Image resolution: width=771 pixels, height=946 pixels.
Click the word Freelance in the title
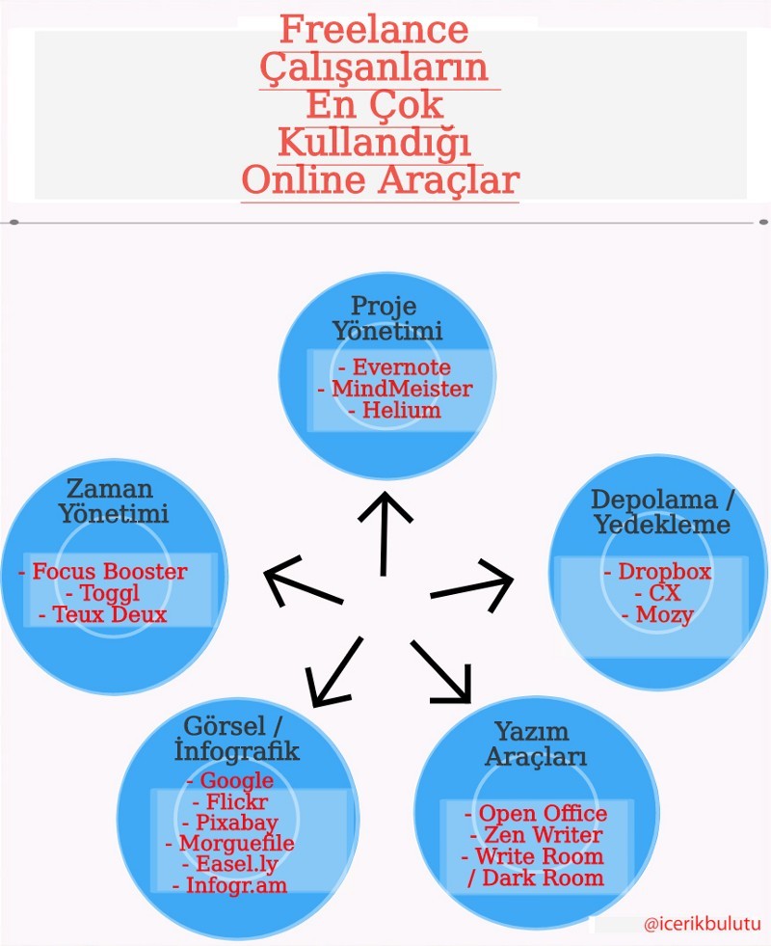point(374,29)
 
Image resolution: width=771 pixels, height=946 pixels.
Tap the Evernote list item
point(394,366)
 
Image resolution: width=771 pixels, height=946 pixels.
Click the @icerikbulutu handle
point(703,924)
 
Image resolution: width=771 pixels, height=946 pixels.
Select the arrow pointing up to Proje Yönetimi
point(384,534)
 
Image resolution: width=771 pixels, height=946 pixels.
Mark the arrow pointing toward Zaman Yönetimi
point(304,581)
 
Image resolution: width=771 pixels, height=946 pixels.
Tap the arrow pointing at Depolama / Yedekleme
point(472,585)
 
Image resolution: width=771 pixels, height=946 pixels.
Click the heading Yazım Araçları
point(535,743)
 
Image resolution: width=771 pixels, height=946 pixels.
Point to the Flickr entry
point(229,801)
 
